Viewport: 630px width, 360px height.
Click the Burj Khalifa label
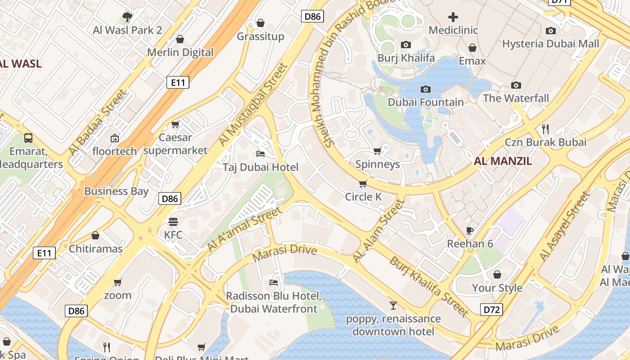[406, 58]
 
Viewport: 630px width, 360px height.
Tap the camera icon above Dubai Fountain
[425, 90]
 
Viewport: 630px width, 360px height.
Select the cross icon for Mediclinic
[453, 18]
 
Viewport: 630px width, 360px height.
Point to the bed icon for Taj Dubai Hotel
[261, 154]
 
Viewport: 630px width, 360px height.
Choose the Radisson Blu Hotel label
[274, 302]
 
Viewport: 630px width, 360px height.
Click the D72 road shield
[491, 310]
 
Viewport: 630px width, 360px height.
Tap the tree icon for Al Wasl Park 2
[127, 17]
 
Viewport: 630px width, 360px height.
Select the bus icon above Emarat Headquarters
[28, 138]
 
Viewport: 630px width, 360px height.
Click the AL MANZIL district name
[503, 161]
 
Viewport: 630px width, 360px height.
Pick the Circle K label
[363, 197]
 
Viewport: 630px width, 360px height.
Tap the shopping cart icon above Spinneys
[377, 151]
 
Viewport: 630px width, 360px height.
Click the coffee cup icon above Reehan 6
[470, 231]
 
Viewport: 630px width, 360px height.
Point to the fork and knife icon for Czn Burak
[545, 129]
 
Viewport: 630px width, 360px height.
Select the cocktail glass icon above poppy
[393, 306]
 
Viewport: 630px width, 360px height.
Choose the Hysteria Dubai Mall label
[550, 44]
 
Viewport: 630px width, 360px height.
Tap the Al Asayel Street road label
[564, 226]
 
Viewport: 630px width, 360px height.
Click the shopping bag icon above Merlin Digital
[180, 39]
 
